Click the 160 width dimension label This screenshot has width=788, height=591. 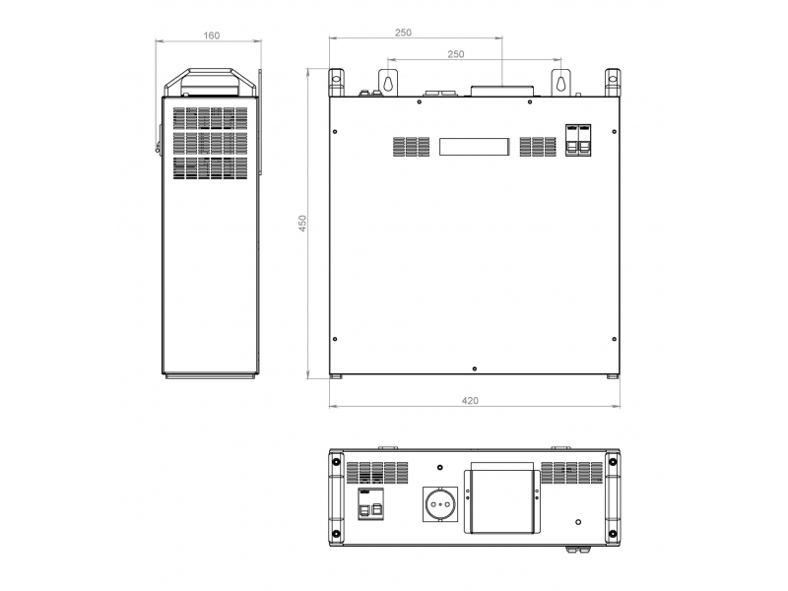click(212, 35)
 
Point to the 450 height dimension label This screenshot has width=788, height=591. click(302, 224)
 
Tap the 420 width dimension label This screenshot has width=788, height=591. click(470, 401)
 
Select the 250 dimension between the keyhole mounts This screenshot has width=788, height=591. click(456, 54)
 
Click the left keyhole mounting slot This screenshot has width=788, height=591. click(388, 82)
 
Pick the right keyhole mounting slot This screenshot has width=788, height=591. click(561, 82)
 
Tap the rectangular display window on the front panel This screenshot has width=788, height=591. click(475, 147)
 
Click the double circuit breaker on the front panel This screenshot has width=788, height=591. click(578, 140)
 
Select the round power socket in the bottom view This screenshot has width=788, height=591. click(440, 504)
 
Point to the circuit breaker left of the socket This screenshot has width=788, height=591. click(371, 503)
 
